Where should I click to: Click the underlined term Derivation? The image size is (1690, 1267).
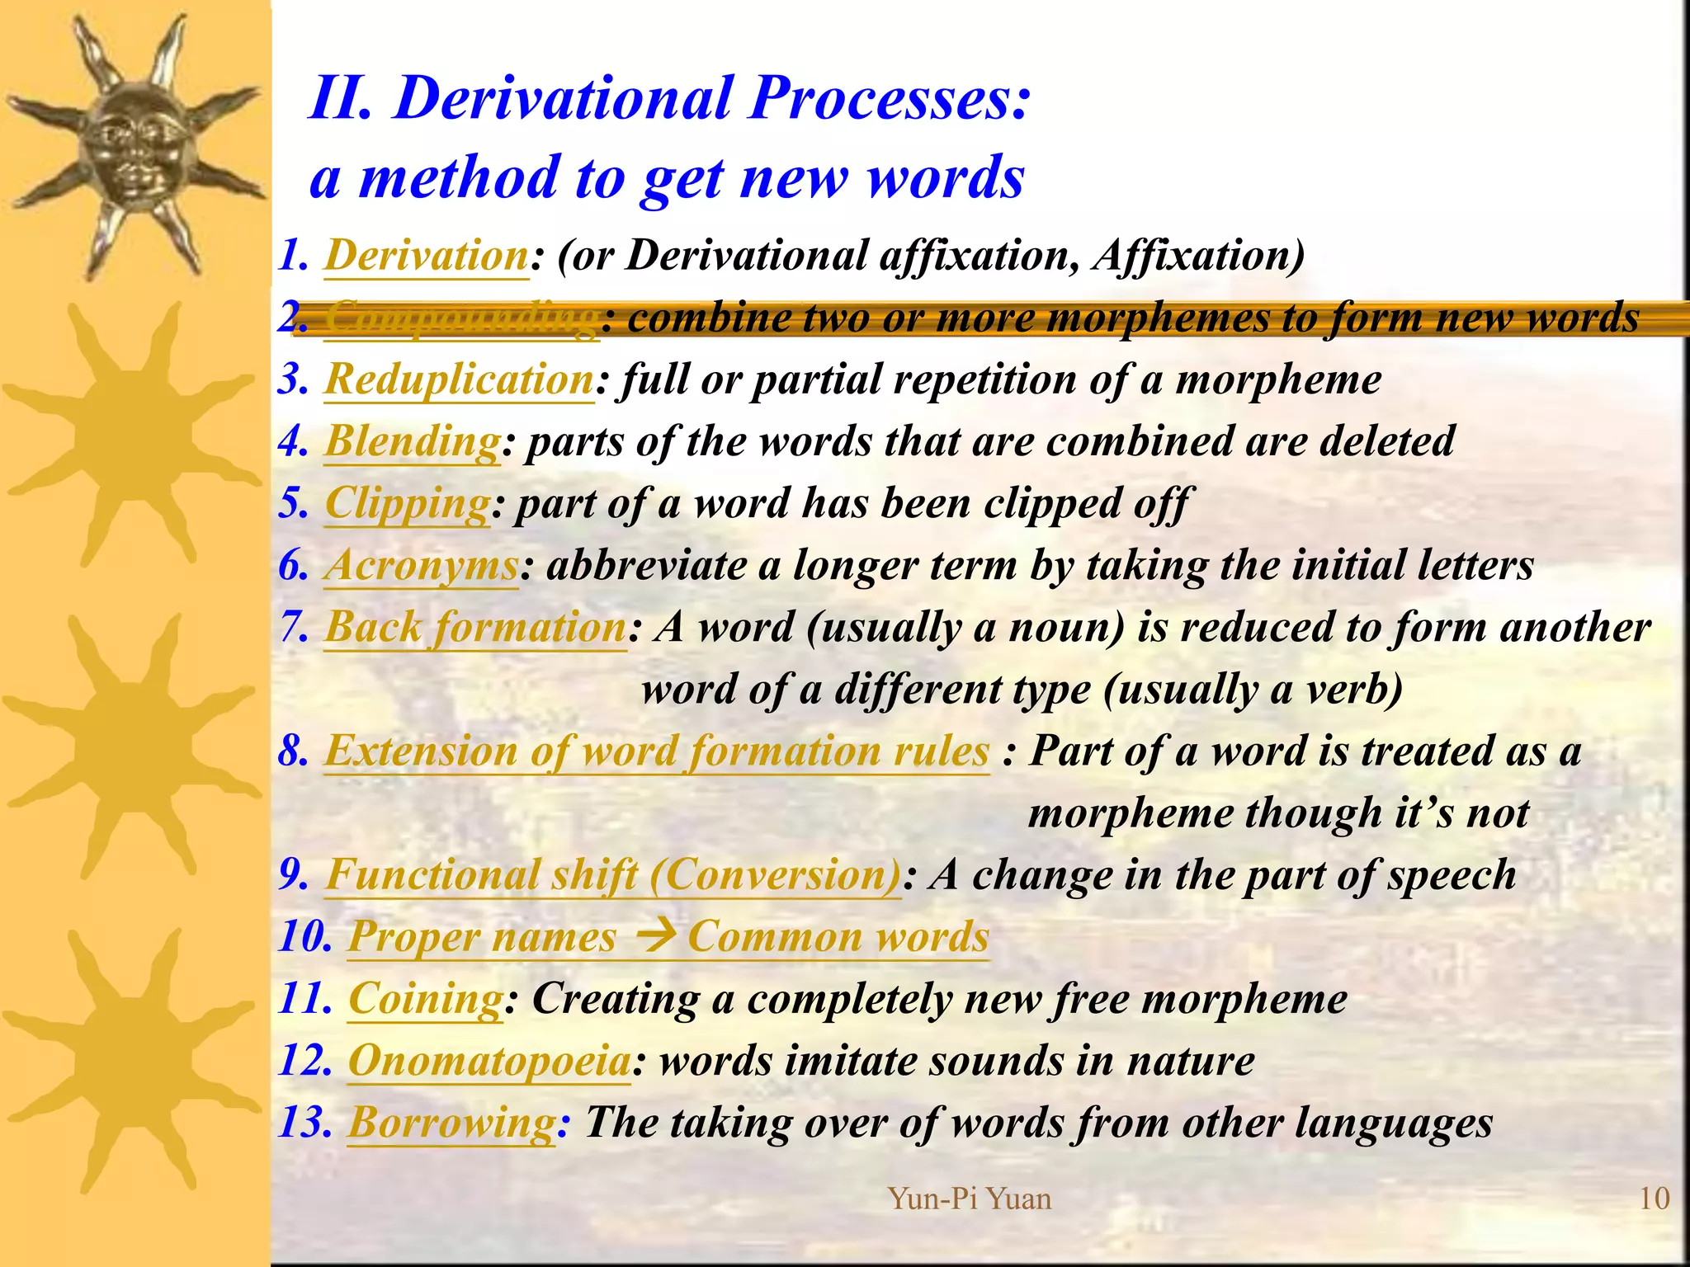(426, 256)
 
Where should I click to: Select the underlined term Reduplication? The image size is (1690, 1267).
(459, 379)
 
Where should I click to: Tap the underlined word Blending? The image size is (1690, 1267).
(412, 441)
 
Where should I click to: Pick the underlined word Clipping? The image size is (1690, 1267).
(408, 503)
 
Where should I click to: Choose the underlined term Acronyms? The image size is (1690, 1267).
(421, 566)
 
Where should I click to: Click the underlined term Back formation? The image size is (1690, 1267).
(475, 628)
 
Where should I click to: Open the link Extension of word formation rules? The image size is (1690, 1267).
(656, 751)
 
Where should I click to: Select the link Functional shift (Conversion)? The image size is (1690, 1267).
(612, 875)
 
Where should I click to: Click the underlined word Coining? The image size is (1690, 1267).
(425, 999)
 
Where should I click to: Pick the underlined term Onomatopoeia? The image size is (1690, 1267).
(489, 1061)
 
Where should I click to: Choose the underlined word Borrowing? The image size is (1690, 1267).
(451, 1123)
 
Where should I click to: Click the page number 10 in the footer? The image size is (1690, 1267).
(1654, 1199)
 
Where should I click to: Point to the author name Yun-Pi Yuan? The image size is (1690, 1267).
(970, 1199)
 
